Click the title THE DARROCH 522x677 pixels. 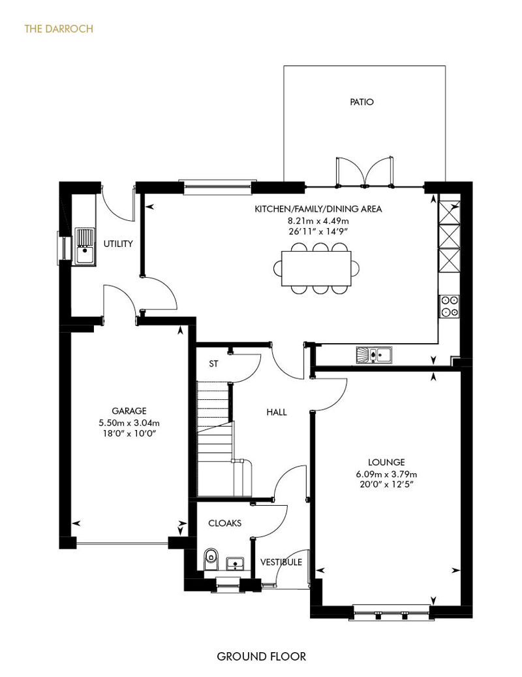point(59,29)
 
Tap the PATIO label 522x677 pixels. point(361,102)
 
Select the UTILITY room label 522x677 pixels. point(118,244)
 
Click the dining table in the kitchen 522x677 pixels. point(316,268)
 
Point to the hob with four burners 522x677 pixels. point(449,306)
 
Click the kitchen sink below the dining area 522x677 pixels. point(374,355)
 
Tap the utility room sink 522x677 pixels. point(85,246)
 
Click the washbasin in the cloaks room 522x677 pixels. point(235,563)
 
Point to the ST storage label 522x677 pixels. point(213,364)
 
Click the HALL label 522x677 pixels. point(276,412)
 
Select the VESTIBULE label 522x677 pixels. point(281,562)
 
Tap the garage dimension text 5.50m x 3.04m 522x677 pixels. point(129,423)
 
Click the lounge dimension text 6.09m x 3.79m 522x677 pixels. point(387,474)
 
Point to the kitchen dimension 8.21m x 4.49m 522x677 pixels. point(318,220)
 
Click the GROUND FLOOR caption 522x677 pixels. point(261,657)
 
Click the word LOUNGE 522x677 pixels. point(387,463)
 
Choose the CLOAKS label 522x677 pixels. point(224,523)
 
